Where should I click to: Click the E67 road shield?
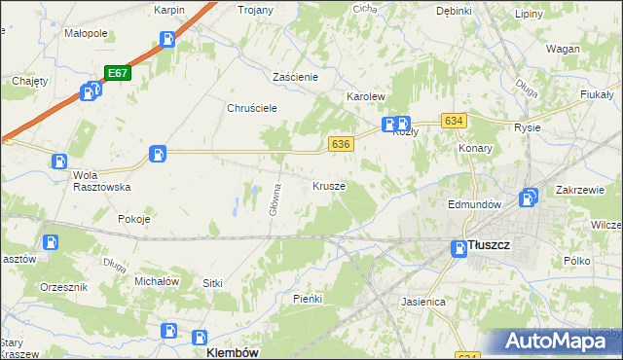point(117,73)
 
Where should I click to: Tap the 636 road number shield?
point(340,143)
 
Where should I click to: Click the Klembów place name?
point(233,353)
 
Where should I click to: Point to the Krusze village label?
point(329,185)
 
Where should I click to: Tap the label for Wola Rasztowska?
point(101,181)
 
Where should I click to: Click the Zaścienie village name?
point(303,76)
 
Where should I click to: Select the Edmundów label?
point(473,205)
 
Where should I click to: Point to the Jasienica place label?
point(422,303)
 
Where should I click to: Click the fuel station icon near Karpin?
point(167,40)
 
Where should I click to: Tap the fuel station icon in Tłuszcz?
point(458,249)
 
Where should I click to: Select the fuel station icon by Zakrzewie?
point(529,198)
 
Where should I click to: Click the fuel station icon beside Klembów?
point(168,331)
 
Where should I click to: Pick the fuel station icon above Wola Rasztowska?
point(60,162)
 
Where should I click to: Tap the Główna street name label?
point(277,196)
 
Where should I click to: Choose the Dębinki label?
point(454,11)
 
